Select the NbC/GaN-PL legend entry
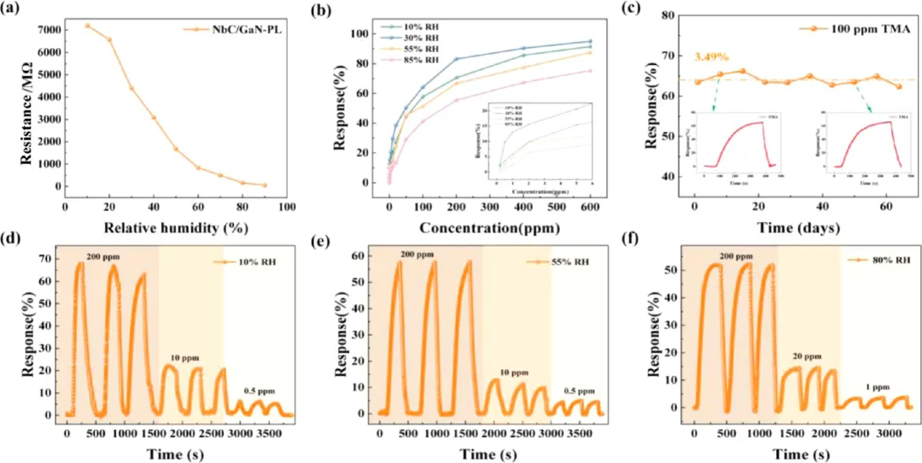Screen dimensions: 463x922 point(226,29)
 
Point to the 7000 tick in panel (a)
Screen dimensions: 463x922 point(46,30)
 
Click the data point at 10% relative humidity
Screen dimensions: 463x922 point(87,26)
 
